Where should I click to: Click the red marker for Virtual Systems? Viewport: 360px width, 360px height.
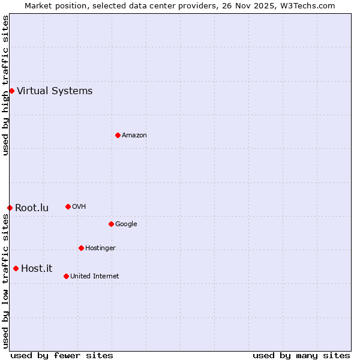tap(11, 91)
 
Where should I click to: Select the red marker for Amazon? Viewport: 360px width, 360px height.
tap(118, 135)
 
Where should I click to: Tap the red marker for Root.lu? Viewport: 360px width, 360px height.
tap(10, 208)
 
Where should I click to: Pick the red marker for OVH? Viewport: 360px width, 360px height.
tap(68, 206)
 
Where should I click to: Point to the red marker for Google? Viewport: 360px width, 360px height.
tap(111, 224)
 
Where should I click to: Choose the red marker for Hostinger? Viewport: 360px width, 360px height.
tap(81, 248)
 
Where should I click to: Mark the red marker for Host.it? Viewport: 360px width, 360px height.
tap(16, 268)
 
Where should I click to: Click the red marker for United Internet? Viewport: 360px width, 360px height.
tap(66, 276)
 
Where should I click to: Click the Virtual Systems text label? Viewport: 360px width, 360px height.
tap(55, 91)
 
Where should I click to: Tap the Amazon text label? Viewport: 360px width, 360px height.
tap(134, 136)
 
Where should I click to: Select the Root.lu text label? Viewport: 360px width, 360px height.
tap(32, 208)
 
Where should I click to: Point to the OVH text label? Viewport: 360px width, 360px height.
tap(79, 207)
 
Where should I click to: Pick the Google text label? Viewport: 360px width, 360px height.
tap(126, 224)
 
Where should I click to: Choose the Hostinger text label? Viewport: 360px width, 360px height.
tap(100, 248)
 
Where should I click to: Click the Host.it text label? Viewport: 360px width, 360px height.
tap(37, 269)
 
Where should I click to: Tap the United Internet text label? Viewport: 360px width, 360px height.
tap(94, 277)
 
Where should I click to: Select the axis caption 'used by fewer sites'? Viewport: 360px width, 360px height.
tap(62, 355)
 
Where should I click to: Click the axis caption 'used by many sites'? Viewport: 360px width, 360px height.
tap(301, 355)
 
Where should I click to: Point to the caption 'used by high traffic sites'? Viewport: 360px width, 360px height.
tap(6, 85)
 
